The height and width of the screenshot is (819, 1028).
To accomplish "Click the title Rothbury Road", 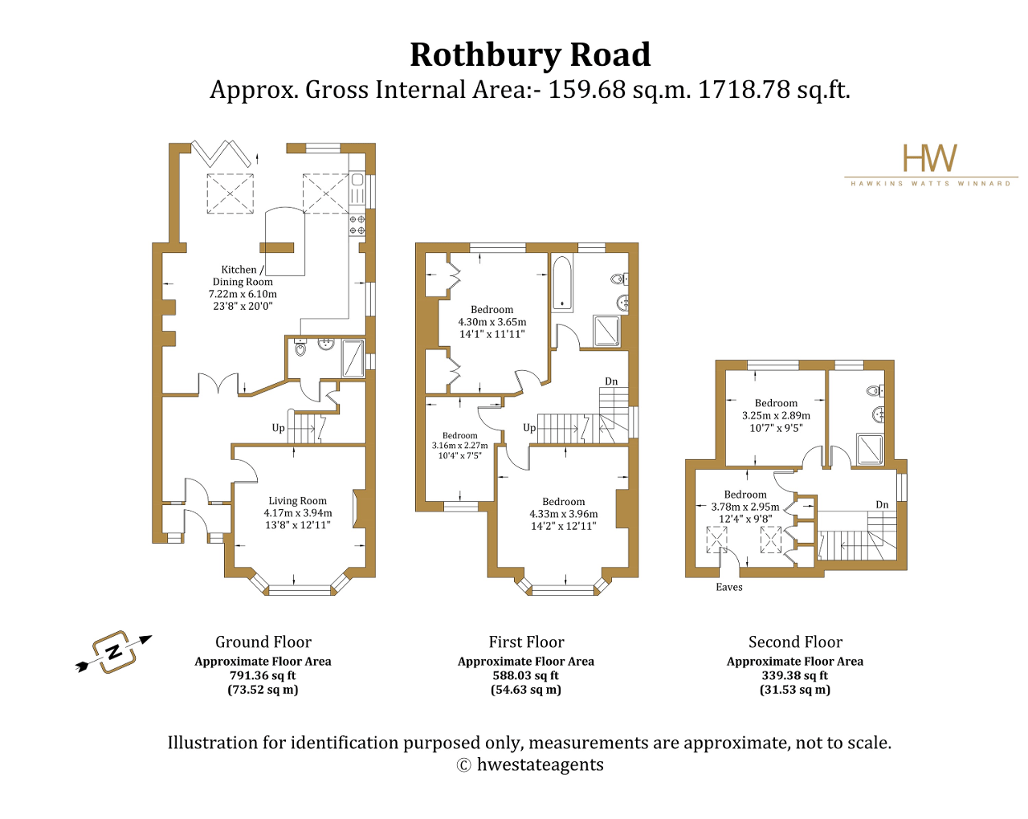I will (530, 55).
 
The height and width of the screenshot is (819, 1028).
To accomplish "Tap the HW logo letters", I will (930, 159).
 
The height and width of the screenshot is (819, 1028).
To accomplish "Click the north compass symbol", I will (114, 651).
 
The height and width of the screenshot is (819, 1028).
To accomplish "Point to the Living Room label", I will (297, 501).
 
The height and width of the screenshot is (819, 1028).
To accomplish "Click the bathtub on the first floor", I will (562, 283).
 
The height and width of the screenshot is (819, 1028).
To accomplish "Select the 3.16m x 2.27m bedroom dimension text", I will (459, 446).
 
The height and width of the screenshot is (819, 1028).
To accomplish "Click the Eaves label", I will (728, 587).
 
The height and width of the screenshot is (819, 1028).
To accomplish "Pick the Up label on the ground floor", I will (278, 428).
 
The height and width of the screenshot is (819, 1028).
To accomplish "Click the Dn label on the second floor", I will (882, 504).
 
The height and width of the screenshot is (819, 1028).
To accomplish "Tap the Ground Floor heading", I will (263, 642).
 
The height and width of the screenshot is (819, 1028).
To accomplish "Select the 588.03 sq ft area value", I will (525, 676).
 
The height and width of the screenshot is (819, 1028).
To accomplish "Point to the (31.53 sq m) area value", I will (794, 690).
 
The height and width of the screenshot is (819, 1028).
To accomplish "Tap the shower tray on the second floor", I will (870, 450).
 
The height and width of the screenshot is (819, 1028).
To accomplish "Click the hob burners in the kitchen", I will (357, 225).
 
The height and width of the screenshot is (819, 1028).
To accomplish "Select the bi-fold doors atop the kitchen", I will (221, 151).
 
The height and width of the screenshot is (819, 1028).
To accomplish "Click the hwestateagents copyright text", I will (540, 765).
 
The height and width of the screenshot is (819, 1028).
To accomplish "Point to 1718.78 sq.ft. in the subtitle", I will (773, 90).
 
